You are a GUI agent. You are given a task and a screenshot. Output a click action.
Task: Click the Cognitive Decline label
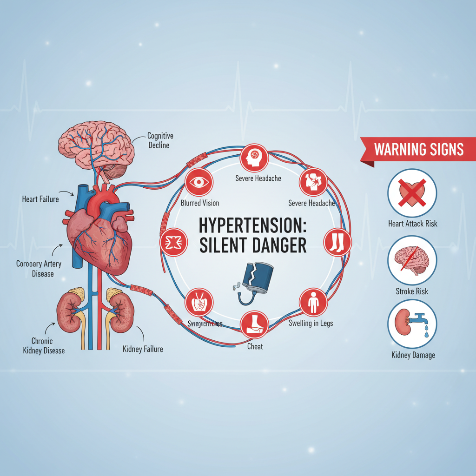[160, 140]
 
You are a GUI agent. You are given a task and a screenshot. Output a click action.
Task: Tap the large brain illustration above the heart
[97, 146]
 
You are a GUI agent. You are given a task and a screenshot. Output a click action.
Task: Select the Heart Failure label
[40, 199]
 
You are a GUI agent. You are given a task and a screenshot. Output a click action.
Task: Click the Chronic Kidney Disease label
[44, 345]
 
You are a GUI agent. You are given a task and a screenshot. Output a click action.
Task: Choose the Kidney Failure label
[142, 349]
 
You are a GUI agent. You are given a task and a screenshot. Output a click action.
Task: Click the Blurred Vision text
[199, 203]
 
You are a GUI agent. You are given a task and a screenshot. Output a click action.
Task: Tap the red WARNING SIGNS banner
[418, 150]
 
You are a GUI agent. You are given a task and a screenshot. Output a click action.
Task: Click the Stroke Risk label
[412, 291]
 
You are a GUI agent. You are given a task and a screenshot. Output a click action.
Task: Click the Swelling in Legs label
[311, 323]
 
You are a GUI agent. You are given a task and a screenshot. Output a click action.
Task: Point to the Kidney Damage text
[412, 355]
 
